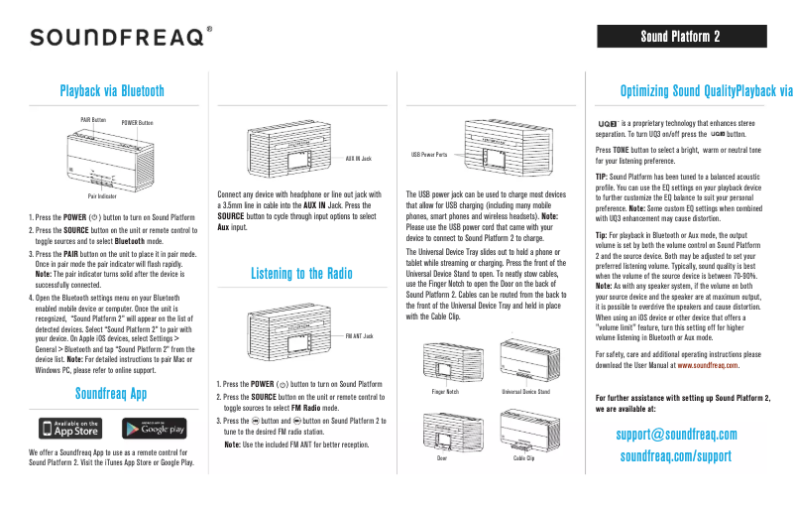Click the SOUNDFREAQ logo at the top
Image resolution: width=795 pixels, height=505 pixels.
[120, 38]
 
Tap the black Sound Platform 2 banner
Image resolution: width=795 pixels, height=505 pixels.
[679, 37]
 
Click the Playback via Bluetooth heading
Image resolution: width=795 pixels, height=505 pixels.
[112, 91]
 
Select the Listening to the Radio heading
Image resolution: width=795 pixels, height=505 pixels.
[301, 274]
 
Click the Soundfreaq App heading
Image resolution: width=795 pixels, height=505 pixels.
[112, 393]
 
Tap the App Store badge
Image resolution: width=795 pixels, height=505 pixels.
[70, 428]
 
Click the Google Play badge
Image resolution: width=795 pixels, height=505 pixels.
[154, 428]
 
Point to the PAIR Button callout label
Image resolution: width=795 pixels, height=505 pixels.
[93, 119]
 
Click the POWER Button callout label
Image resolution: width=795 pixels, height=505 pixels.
[138, 123]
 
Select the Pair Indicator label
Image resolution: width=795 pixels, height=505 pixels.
[87, 196]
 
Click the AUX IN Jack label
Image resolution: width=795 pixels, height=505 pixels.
[358, 159]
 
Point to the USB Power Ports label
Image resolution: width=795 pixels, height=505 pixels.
[429, 155]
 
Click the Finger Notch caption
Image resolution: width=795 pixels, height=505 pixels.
[444, 392]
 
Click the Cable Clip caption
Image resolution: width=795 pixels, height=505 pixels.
[524, 459]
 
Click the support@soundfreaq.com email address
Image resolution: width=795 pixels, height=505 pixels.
[676, 435]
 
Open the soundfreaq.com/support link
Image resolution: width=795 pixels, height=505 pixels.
[676, 456]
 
